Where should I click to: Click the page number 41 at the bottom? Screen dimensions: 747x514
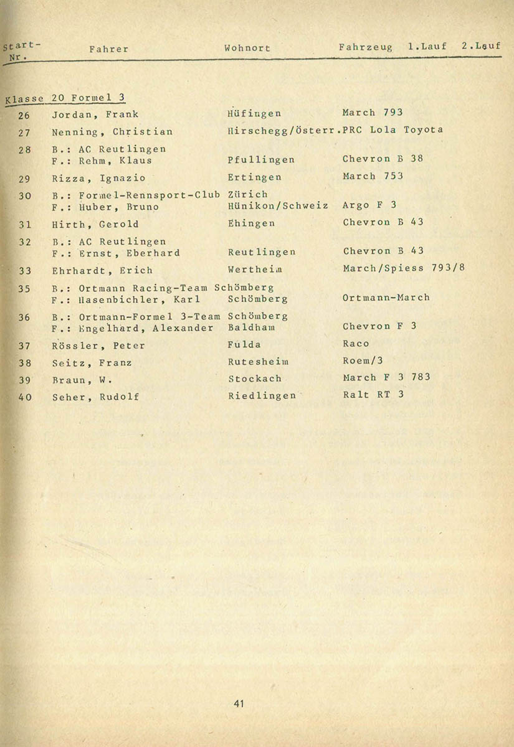point(239,704)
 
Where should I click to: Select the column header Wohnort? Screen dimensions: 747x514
point(247,48)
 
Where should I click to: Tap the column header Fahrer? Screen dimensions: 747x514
point(108,49)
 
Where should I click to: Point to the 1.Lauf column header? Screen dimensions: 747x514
point(427,47)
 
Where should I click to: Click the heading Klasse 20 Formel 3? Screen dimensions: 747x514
point(65,98)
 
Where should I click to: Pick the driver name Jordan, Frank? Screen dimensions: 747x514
point(95,114)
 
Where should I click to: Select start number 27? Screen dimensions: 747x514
point(25,132)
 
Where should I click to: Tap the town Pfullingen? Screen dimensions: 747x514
point(261,160)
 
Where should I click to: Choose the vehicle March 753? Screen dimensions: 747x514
point(373,176)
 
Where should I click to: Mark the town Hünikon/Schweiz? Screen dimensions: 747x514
point(277,205)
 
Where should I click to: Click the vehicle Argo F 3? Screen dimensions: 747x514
point(369,205)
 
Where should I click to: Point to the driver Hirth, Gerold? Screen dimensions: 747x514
point(95,224)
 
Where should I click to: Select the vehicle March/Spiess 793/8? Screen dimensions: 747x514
point(404,268)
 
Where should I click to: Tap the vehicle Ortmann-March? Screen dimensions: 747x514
point(386,298)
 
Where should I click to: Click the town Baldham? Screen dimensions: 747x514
point(252,327)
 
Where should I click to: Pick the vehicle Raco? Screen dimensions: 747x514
point(356,344)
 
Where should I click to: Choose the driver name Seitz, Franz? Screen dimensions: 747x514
point(92,363)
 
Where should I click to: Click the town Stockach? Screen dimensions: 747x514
point(254,378)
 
